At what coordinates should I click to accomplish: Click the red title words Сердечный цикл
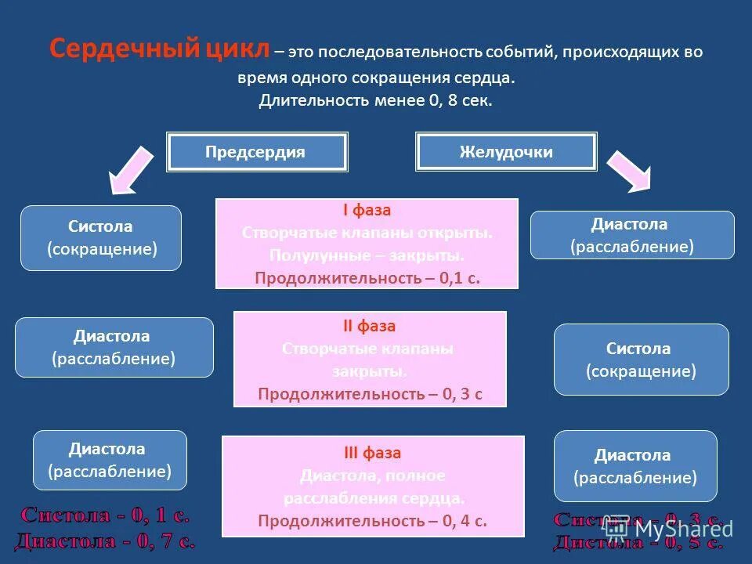160,49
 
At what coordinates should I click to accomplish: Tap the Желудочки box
506,152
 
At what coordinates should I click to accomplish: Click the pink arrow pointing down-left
132,168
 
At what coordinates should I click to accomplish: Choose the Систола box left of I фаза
101,238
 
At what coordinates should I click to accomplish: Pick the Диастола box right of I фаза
632,235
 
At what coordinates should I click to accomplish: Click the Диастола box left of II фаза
114,347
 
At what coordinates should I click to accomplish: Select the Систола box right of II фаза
641,360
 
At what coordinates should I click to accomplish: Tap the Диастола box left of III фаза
110,460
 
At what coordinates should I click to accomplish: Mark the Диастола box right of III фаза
634,466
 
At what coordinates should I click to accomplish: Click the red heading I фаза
367,211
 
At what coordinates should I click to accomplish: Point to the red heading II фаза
370,326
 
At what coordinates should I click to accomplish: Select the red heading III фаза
372,453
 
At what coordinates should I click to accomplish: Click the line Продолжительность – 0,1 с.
367,277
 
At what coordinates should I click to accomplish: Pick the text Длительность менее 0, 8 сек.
376,101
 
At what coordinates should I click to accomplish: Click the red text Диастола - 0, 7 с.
104,540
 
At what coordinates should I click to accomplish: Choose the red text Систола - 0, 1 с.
104,515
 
